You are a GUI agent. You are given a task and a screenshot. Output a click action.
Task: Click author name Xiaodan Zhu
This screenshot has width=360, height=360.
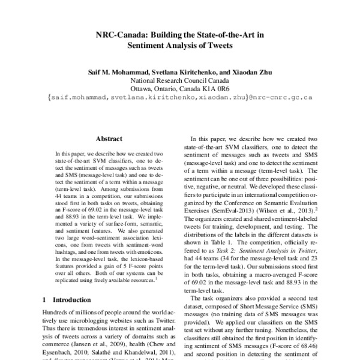tap(256, 72)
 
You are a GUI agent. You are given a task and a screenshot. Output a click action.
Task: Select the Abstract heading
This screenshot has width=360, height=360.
tap(109, 137)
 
